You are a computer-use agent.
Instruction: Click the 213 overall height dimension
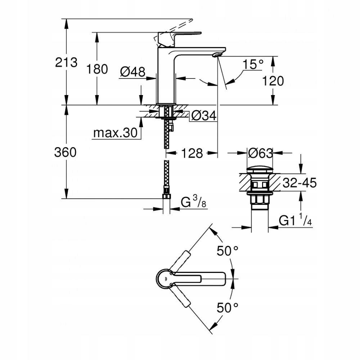coord(66,63)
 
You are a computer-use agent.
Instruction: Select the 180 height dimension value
coord(97,69)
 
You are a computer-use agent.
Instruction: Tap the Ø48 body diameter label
coord(132,72)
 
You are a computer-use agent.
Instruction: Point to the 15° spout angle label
coord(253,65)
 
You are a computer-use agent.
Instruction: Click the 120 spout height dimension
coord(273,81)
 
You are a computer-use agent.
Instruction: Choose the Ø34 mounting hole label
coord(203,116)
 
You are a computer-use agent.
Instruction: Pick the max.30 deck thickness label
coord(115,133)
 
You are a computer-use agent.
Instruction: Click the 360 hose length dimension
coord(65,152)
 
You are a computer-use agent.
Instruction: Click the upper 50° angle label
coord(228,251)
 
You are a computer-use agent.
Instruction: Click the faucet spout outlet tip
coord(216,54)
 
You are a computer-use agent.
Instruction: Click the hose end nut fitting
coord(166,197)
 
